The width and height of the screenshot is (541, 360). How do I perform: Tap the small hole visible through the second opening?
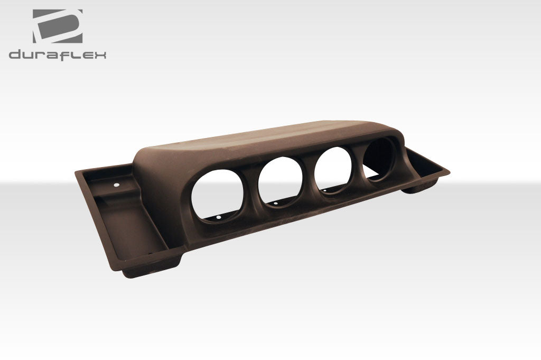point(275,202)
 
